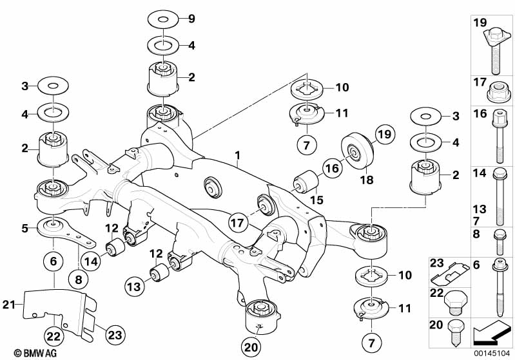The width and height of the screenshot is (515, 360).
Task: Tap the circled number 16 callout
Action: (331, 169)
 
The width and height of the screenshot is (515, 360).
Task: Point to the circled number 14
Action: (90, 261)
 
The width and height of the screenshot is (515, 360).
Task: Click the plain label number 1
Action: (238, 155)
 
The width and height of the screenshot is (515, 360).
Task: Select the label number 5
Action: (24, 227)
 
